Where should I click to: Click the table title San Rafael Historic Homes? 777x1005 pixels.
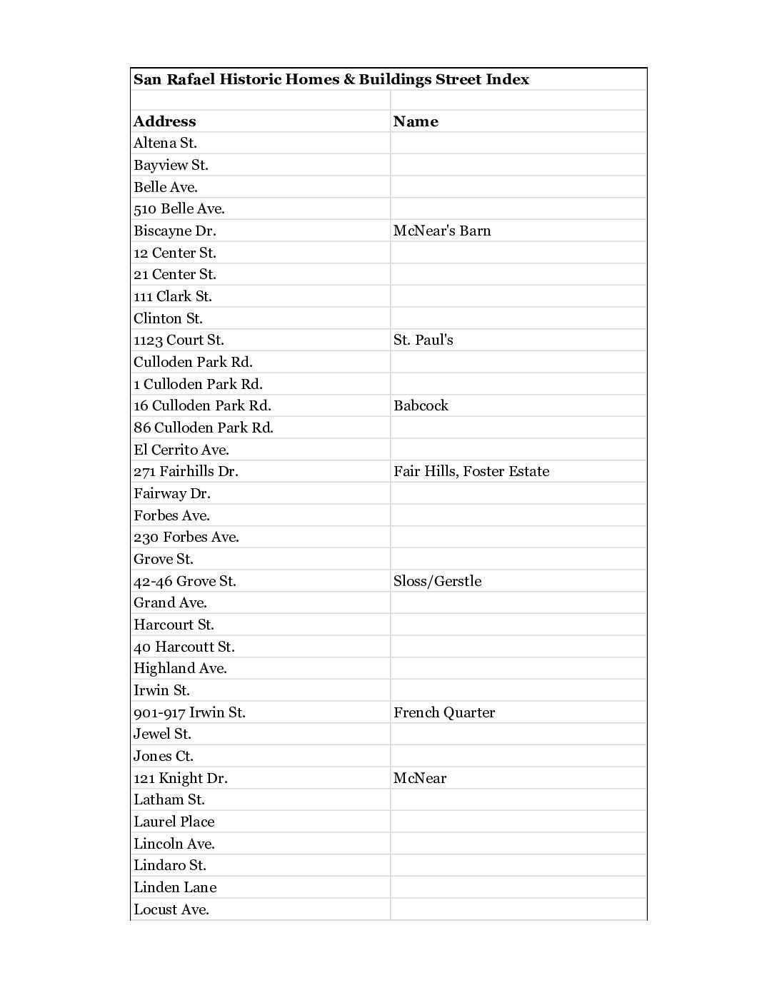tap(331, 79)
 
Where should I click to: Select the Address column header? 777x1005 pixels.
tap(164, 121)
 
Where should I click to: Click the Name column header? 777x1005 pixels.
tap(416, 121)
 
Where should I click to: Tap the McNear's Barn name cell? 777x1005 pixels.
tap(442, 231)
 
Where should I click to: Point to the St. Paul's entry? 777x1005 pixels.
tap(423, 340)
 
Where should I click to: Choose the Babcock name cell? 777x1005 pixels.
tap(421, 405)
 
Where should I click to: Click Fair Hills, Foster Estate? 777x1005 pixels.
tap(471, 471)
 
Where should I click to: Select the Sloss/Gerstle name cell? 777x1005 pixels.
tap(437, 581)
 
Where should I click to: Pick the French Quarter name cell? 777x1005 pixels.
tap(443, 712)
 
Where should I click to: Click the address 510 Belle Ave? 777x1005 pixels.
tap(179, 209)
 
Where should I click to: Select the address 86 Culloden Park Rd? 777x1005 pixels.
tap(204, 428)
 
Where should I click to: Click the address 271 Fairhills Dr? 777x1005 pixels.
tap(186, 471)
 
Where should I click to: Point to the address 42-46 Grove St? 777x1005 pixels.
tap(185, 581)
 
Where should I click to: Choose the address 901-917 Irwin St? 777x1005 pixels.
tap(189, 712)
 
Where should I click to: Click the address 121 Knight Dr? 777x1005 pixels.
tap(181, 778)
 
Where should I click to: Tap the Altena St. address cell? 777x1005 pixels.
tap(165, 143)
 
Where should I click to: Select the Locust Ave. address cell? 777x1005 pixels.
tap(171, 909)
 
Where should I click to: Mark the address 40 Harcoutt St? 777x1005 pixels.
tap(184, 647)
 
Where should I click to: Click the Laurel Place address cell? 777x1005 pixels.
tap(174, 822)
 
